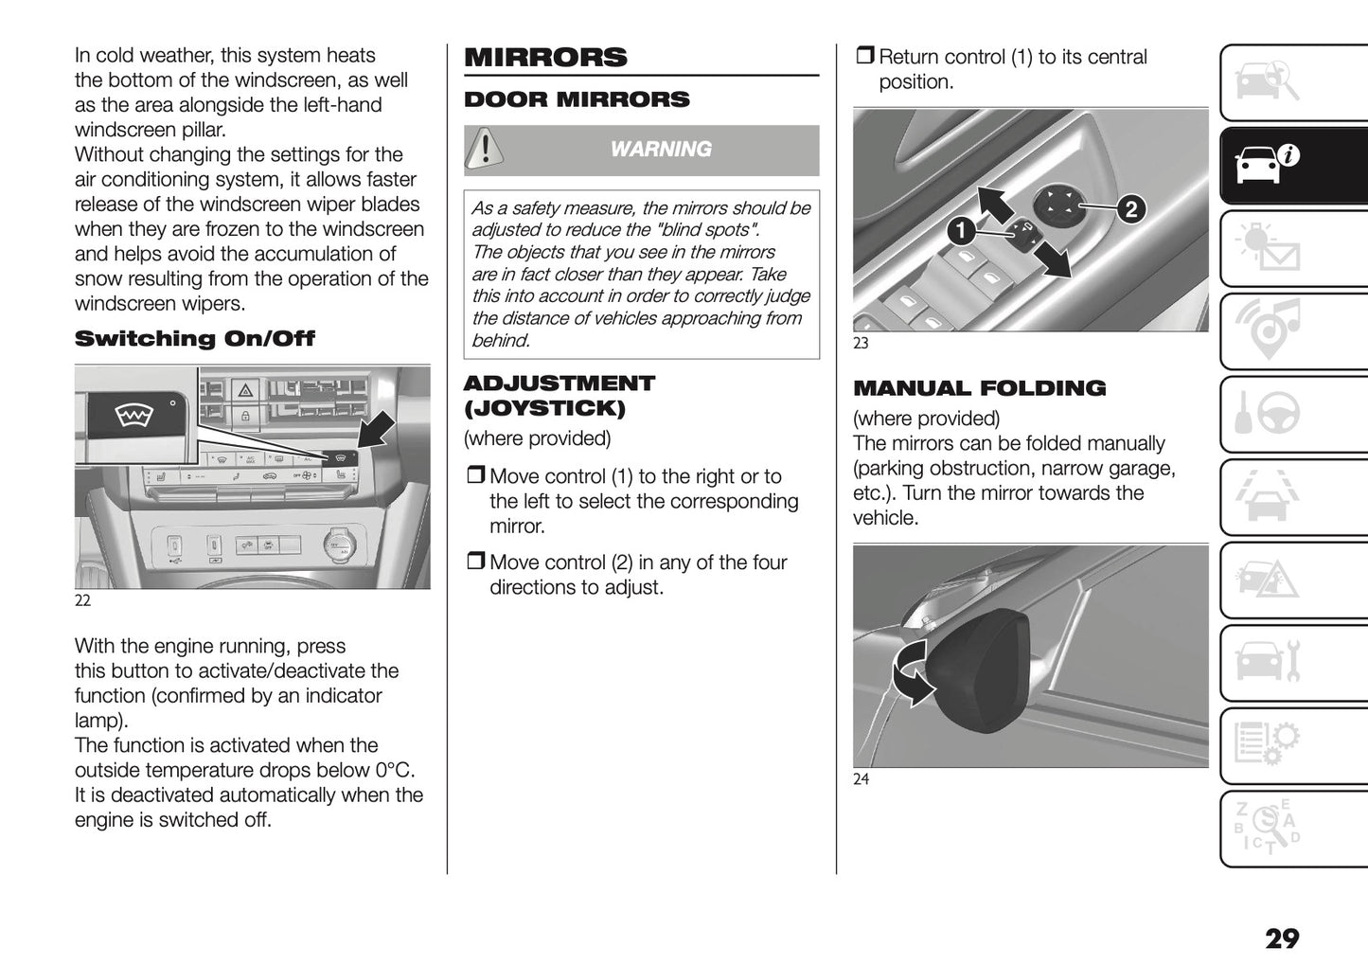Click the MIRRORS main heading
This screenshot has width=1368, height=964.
[x=545, y=57]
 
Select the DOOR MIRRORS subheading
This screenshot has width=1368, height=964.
[x=577, y=99]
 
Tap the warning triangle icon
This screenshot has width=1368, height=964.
[x=485, y=150]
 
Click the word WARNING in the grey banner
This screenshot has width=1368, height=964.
[x=660, y=150]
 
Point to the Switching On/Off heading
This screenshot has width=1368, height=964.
[x=194, y=339]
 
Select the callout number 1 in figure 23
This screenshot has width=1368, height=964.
[x=960, y=230]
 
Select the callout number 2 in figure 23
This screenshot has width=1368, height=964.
[x=1130, y=209]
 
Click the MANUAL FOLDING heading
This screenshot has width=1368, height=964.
[x=979, y=388]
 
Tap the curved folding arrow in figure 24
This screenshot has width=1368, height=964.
[x=911, y=671]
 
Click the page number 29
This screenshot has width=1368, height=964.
[x=1282, y=938]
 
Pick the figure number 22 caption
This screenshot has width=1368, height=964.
[x=83, y=600]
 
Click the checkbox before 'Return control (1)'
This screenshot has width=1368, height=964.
[x=864, y=57]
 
